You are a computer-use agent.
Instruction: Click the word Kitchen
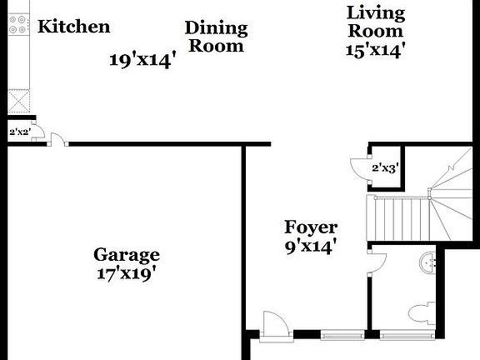pyautogui.click(x=73, y=27)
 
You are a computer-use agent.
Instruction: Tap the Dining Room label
pyautogui.click(x=216, y=37)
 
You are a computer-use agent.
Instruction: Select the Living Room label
pyautogui.click(x=375, y=22)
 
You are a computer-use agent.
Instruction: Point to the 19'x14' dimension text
pyautogui.click(x=142, y=60)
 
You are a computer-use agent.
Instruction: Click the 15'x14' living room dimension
pyautogui.click(x=375, y=50)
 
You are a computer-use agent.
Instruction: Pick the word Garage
pyautogui.click(x=126, y=254)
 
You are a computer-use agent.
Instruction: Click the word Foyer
pyautogui.click(x=311, y=227)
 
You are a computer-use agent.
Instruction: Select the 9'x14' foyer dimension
pyautogui.click(x=311, y=246)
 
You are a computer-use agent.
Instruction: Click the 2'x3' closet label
pyautogui.click(x=384, y=167)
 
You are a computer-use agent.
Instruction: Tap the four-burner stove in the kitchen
pyautogui.click(x=17, y=27)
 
